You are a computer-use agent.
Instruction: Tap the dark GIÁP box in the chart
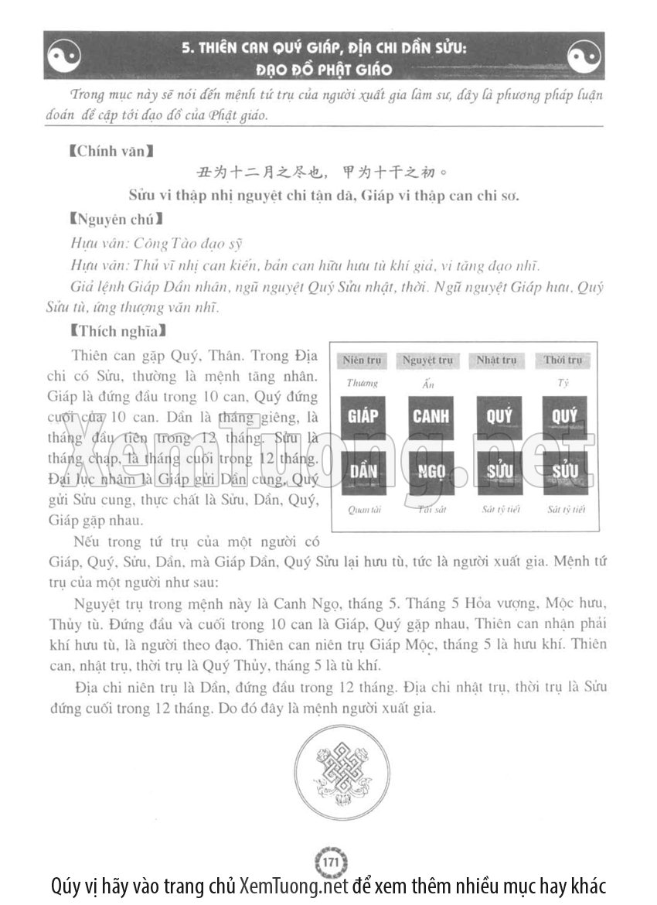363,417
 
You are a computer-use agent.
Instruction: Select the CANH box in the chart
430,417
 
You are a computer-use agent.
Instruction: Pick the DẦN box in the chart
363,472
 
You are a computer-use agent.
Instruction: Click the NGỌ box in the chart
430,472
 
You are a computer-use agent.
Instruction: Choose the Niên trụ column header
363,360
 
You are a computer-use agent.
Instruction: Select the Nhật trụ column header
496,360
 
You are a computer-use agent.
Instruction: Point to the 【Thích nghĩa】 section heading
111,332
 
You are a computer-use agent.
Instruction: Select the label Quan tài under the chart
361,510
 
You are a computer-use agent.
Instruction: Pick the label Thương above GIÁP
362,382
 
